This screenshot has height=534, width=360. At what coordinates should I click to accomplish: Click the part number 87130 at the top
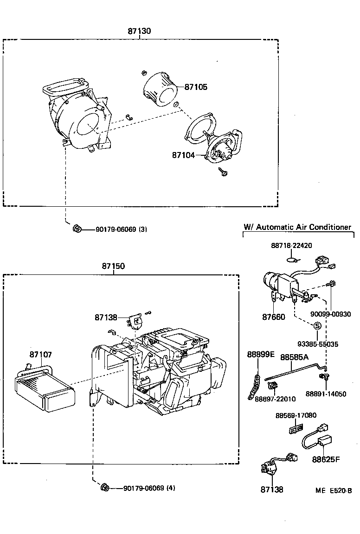tap(140, 31)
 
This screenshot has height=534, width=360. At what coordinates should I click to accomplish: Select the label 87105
tap(196, 87)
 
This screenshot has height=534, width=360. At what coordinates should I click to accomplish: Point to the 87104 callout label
tap(183, 156)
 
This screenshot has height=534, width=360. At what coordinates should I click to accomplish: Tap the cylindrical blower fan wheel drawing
tap(161, 89)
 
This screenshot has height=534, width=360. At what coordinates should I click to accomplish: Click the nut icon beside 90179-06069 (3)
tap(77, 229)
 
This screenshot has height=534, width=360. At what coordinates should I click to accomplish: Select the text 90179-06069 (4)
tap(149, 488)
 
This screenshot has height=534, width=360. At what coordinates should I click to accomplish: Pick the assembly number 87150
tap(114, 267)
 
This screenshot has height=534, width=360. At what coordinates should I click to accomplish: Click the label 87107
tap(41, 354)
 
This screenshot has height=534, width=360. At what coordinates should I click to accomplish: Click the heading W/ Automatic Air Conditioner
tap(297, 227)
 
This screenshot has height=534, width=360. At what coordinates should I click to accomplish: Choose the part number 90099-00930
tap(331, 314)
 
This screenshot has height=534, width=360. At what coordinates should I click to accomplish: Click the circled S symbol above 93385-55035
tap(317, 325)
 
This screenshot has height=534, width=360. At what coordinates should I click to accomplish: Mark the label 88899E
tap(261, 355)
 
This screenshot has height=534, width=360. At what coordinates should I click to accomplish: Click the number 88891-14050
tap(326, 394)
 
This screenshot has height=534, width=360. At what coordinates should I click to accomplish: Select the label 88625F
tap(326, 460)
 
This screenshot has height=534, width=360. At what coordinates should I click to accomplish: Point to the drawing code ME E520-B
tap(334, 490)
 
